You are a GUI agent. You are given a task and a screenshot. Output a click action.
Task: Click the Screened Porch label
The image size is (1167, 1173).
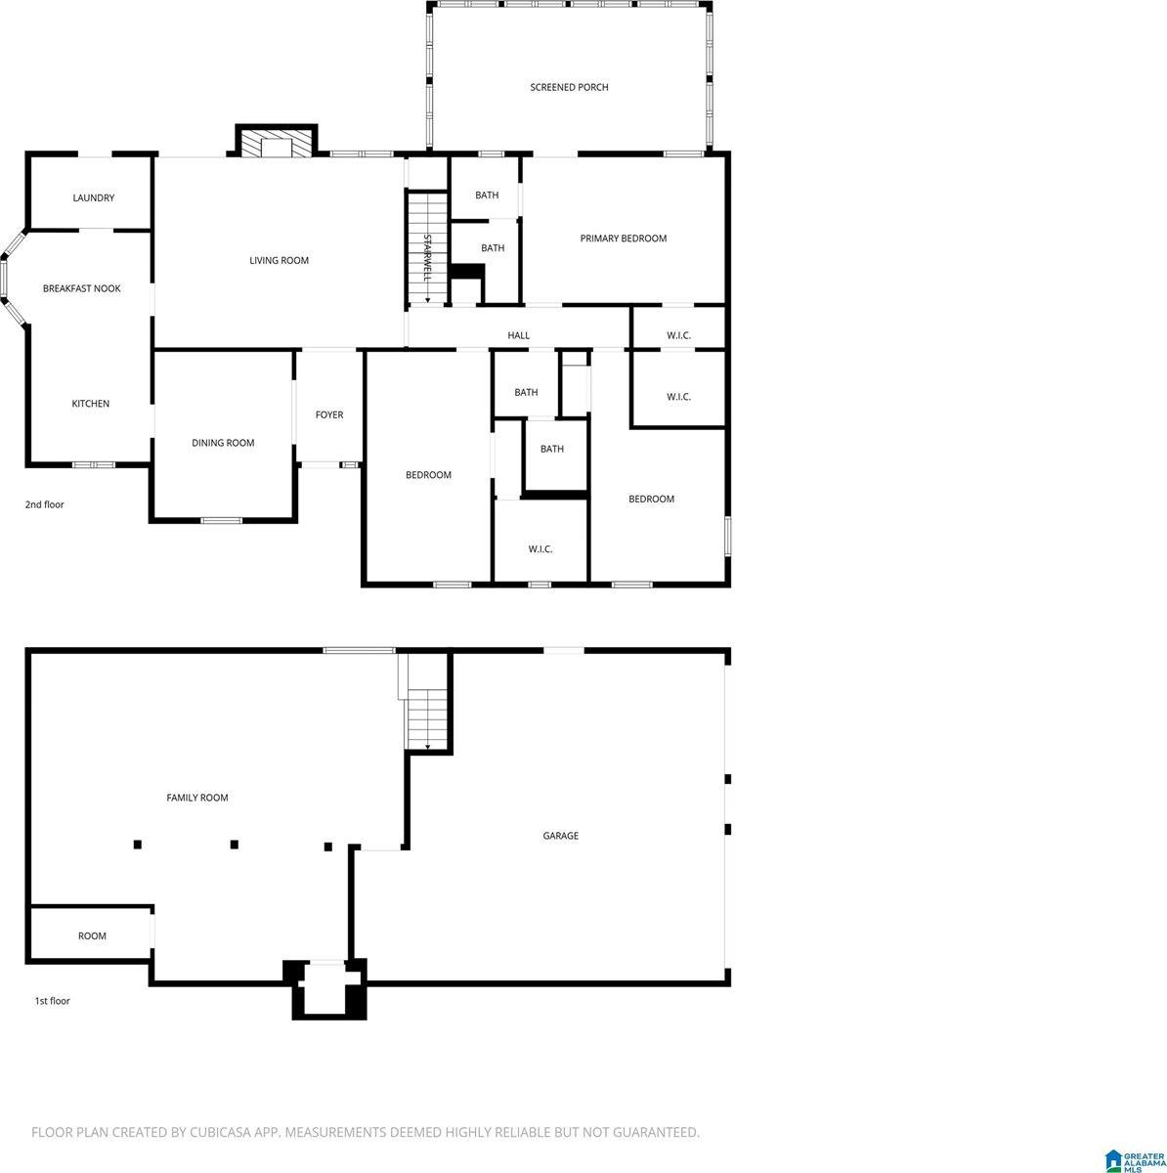(569, 88)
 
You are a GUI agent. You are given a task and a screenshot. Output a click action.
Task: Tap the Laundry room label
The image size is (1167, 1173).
(94, 198)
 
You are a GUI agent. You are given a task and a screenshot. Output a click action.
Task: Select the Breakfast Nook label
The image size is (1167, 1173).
(82, 289)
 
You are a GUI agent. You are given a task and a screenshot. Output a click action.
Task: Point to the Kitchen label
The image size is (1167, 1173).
(91, 405)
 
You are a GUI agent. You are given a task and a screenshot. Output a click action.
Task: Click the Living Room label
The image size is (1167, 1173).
(280, 261)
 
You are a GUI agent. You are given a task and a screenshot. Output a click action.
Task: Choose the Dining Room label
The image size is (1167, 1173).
(223, 444)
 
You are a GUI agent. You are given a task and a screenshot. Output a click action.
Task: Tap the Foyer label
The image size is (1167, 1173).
(329, 415)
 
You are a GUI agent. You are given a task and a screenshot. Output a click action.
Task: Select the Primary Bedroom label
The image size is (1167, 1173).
(624, 239)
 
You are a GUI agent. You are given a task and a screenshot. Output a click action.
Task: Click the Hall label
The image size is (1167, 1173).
(519, 336)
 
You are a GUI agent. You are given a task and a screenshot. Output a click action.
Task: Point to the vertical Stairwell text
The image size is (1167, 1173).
(427, 257)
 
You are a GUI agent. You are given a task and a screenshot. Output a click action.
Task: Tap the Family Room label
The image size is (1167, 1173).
(197, 799)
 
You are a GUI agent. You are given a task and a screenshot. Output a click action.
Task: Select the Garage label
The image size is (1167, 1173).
(561, 837)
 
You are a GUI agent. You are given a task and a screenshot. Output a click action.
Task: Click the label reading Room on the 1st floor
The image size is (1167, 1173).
(92, 936)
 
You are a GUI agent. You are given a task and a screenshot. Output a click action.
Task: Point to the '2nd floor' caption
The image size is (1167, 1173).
(45, 505)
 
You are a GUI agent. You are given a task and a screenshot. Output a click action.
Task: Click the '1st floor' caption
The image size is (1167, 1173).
(53, 1002)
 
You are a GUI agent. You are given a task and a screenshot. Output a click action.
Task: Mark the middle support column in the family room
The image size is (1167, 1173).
(234, 845)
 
